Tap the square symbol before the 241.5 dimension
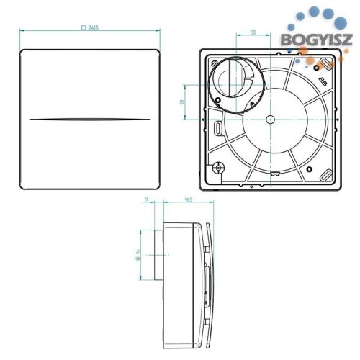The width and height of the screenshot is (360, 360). pos(84,26)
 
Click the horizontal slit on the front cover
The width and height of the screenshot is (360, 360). pos(90,118)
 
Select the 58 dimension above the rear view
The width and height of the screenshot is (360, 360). pos(253,32)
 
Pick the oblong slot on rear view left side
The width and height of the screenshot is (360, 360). pos(217,127)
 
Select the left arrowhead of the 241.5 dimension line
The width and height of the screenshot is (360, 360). pos(22,30)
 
